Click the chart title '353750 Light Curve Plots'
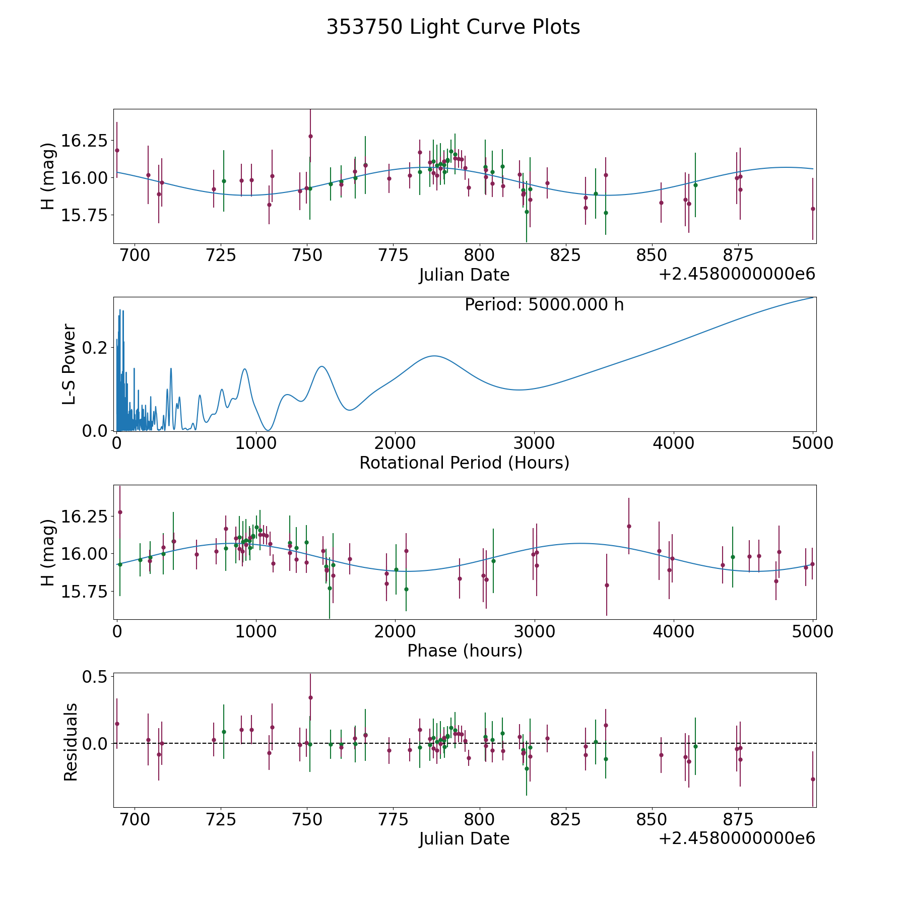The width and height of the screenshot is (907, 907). [453, 27]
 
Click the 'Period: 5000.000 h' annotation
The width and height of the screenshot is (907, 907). [544, 305]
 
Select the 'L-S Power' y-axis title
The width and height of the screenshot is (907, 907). [70, 364]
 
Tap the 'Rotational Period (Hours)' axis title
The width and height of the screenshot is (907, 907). [464, 463]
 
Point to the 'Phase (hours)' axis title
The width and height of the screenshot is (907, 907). [464, 651]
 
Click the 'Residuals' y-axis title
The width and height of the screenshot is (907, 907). [71, 742]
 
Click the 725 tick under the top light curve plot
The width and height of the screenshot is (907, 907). [221, 255]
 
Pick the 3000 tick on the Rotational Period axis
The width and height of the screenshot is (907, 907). [534, 443]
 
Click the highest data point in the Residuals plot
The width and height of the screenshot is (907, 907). [310, 697]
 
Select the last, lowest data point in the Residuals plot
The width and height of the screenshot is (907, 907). [812, 779]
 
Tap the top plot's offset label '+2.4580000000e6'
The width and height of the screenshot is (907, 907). [737, 274]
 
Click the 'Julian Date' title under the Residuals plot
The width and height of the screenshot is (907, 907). [464, 838]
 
